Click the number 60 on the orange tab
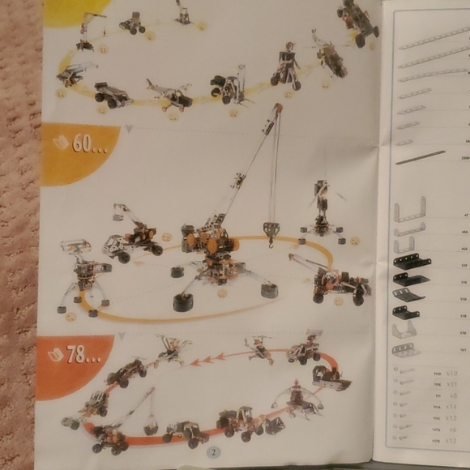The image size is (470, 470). tap(84, 143)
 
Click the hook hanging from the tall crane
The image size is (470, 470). tap(271, 230)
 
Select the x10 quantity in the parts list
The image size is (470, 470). tap(452, 373)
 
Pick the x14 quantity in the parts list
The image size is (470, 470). tap(452, 407)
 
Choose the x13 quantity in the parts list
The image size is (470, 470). tap(452, 441)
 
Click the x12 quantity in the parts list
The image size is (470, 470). tap(452, 418)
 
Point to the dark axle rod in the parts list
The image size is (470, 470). tap(421, 156)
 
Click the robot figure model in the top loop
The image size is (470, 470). tap(285, 65)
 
